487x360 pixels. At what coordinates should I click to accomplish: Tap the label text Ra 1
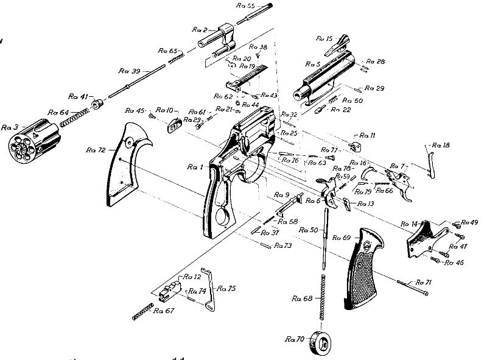pos(195,167)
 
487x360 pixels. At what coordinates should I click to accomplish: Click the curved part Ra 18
pos(431,161)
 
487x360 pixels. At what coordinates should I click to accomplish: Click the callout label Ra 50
pos(309,230)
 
